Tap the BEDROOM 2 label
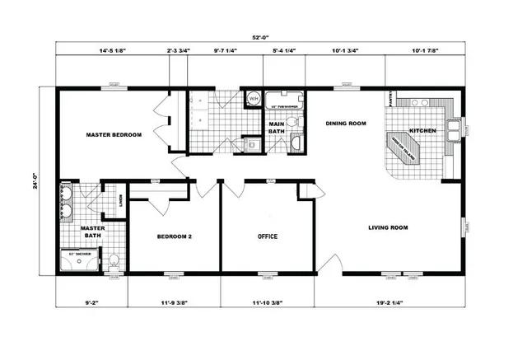click(174, 236)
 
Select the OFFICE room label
click(268, 236)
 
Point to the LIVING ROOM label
click(388, 227)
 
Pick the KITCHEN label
click(422, 130)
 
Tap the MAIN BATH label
click(277, 128)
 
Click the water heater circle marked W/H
click(254, 99)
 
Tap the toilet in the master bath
click(114, 263)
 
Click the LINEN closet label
click(120, 199)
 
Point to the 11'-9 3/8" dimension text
click(174, 304)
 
